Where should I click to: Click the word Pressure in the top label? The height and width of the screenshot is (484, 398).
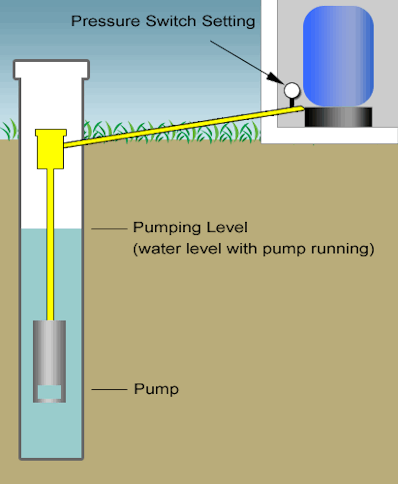105,21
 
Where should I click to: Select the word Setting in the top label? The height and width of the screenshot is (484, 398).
229,22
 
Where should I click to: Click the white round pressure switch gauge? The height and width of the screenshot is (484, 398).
292,90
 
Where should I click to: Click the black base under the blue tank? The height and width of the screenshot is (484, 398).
338,117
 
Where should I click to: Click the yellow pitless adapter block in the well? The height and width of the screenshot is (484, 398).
50,149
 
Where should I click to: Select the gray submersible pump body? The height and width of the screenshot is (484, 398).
49,352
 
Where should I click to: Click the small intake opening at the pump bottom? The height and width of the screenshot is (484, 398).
49,392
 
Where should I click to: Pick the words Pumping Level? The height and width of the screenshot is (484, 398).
190,227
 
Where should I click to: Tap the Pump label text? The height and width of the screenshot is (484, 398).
156,389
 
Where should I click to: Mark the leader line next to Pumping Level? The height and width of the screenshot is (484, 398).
109,229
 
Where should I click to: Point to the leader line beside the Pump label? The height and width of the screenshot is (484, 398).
109,389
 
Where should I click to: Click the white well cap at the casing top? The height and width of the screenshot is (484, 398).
51,69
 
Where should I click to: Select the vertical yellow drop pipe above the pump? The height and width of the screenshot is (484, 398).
50,245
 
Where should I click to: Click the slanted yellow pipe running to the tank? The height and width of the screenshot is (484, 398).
184,127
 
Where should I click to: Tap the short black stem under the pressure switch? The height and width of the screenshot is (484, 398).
292,102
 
